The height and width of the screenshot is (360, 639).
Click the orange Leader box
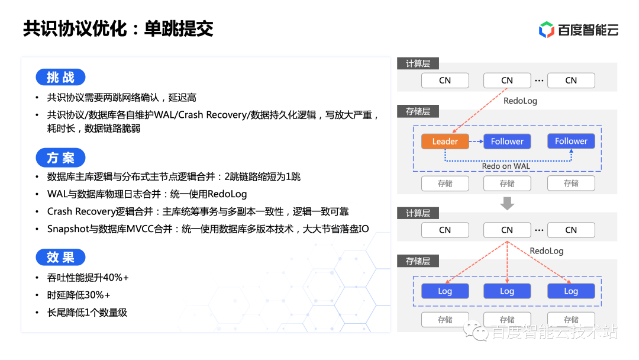(445, 142)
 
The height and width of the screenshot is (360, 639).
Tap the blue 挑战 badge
(60, 77)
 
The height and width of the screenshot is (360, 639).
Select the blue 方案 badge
(60, 157)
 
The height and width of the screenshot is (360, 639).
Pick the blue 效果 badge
(60, 257)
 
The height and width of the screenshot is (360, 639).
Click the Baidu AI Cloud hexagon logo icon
(547, 30)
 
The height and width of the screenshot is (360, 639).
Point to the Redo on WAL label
(506, 166)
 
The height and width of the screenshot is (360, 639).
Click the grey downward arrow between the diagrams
(507, 203)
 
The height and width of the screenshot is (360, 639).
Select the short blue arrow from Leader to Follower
(476, 142)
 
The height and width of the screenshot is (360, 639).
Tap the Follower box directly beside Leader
(507, 142)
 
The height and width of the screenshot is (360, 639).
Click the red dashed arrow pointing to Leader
(480, 111)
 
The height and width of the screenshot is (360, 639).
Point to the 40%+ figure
(116, 278)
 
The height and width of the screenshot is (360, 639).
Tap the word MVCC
(140, 229)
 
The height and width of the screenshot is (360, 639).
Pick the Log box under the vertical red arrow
(507, 291)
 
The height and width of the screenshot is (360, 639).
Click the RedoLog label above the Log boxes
(547, 250)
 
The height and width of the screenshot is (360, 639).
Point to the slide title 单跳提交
(179, 28)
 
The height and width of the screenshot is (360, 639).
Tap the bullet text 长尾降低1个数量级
(87, 313)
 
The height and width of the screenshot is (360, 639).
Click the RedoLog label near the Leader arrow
(520, 101)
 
